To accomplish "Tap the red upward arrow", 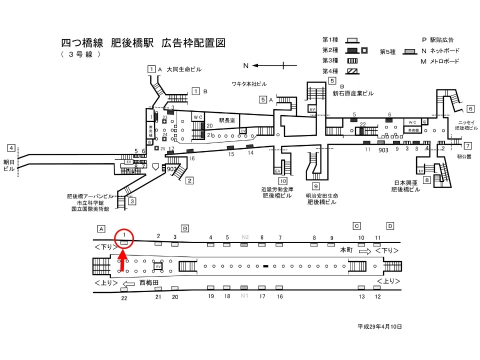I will (123, 263).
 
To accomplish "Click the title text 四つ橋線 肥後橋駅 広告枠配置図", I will (143, 43).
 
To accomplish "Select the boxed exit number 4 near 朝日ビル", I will (11, 148).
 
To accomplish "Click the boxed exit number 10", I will (283, 181).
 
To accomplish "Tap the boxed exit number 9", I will (316, 186).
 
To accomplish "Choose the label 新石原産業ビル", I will (353, 93).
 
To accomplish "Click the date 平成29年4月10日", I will (379, 326).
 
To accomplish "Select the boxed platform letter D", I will (390, 225).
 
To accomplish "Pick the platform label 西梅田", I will (149, 282).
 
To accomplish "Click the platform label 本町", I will (346, 249).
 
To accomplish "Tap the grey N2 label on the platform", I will (245, 237).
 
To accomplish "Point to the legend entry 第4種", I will (330, 71).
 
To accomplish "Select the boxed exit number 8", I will (426, 180).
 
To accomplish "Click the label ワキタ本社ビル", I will (249, 83).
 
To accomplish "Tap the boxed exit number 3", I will (132, 201).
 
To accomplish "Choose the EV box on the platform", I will (158, 266).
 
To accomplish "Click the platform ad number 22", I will (124, 297).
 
